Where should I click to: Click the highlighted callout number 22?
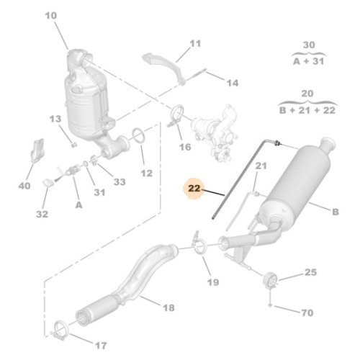tap(193, 189)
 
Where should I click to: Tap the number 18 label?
tap(167, 307)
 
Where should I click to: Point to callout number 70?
tap(307, 314)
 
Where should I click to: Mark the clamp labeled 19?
tap(199, 248)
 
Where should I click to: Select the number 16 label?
tap(185, 146)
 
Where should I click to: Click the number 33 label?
tap(119, 182)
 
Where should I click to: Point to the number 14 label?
tap(232, 83)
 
